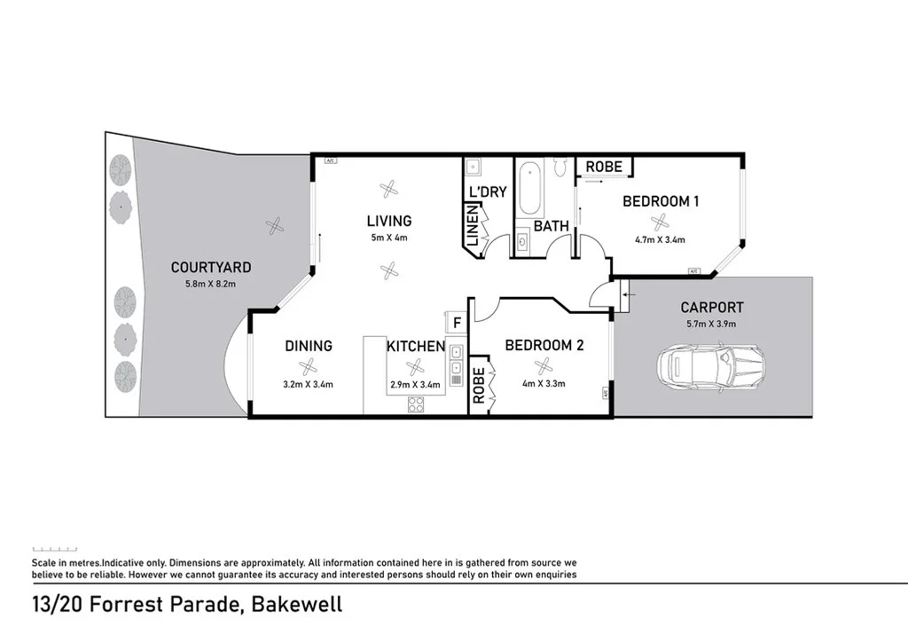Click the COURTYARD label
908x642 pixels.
coord(211,267)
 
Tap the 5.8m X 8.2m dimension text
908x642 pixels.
coord(211,283)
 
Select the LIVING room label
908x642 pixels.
coord(389,221)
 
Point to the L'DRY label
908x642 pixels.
coord(487,192)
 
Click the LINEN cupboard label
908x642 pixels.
coord(472,228)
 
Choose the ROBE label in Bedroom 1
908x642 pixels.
coord(604,166)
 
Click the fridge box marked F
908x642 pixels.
coord(457,322)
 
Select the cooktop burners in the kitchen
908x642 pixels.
coord(415,404)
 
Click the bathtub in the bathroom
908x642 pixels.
coord(529,188)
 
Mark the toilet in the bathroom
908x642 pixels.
coord(560,166)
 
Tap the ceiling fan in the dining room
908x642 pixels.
coord(308,366)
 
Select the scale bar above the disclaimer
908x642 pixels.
coord(55,550)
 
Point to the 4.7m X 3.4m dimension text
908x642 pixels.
coord(660,239)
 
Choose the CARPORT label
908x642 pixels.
coord(712,308)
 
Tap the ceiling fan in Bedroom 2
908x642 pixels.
coord(543,365)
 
